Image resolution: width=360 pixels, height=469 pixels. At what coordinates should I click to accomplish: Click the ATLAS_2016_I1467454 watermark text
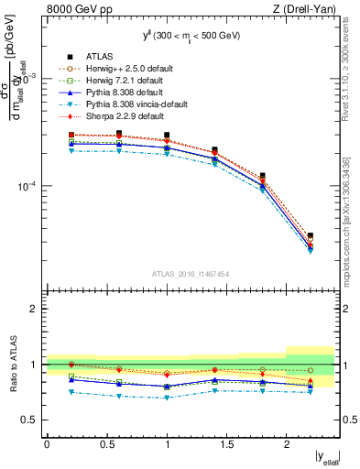(x=191, y=274)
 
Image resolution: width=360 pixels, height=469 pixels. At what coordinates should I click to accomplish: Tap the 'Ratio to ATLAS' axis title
(x=13, y=365)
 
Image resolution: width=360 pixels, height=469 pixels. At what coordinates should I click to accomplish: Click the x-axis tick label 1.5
(x=225, y=444)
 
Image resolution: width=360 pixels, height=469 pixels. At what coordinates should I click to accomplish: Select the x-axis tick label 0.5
(x=105, y=444)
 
